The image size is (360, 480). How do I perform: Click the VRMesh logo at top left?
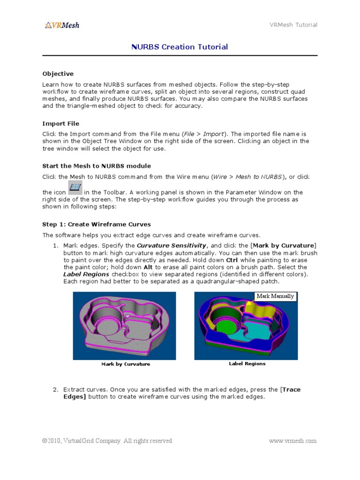pyautogui.click(x=62, y=25)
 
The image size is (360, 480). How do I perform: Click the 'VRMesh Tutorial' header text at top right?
pyautogui.click(x=293, y=25)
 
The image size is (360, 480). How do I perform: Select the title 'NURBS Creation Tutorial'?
pyautogui.click(x=180, y=47)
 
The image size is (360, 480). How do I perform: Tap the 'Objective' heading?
pyautogui.click(x=58, y=74)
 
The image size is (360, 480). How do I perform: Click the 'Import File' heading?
pyautogui.click(x=60, y=124)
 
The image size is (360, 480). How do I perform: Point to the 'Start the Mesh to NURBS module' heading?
pyautogui.click(x=97, y=166)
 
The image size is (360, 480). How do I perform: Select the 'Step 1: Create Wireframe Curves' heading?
pyautogui.click(x=97, y=224)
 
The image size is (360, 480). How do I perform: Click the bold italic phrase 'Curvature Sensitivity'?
pyautogui.click(x=171, y=246)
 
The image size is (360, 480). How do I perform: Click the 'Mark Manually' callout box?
pyautogui.click(x=275, y=296)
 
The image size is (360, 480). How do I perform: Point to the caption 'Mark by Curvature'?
pyautogui.click(x=126, y=364)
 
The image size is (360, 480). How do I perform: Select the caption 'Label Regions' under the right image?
pyautogui.click(x=247, y=364)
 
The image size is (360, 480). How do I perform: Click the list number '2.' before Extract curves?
pyautogui.click(x=55, y=390)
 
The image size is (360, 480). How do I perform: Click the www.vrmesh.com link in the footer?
pyautogui.click(x=293, y=441)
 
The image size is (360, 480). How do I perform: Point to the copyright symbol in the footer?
pyautogui.click(x=45, y=441)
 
